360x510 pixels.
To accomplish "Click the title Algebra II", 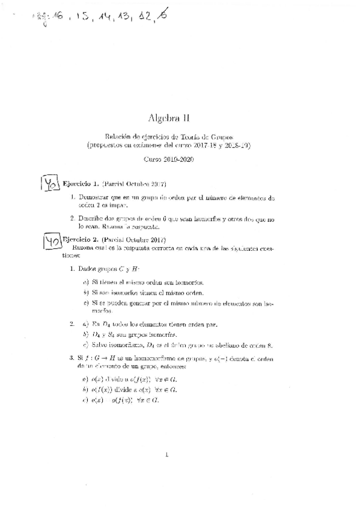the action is pyautogui.click(x=171, y=118).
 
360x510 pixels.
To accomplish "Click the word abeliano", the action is pyautogui.click(x=227, y=345).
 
